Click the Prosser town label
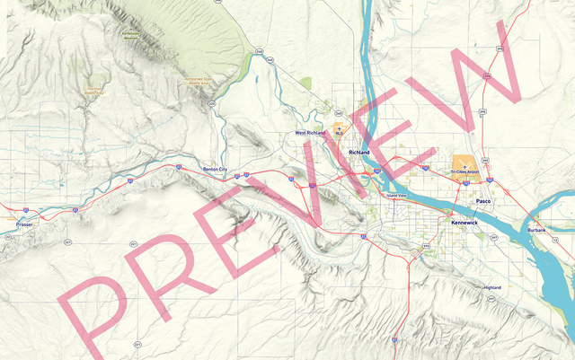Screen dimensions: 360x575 (x=23, y=224)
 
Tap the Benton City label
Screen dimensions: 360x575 (x=216, y=169)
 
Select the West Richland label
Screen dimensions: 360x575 (x=311, y=133)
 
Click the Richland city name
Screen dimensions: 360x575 (x=359, y=153)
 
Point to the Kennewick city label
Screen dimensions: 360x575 (x=464, y=220)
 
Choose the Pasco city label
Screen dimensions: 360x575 (x=483, y=201)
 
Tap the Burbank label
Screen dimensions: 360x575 (x=536, y=230)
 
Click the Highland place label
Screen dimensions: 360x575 (x=492, y=287)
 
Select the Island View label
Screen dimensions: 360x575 (x=396, y=196)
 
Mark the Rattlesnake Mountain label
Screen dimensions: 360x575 (x=132, y=37)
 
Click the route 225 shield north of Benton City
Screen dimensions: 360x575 (x=212, y=104)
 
